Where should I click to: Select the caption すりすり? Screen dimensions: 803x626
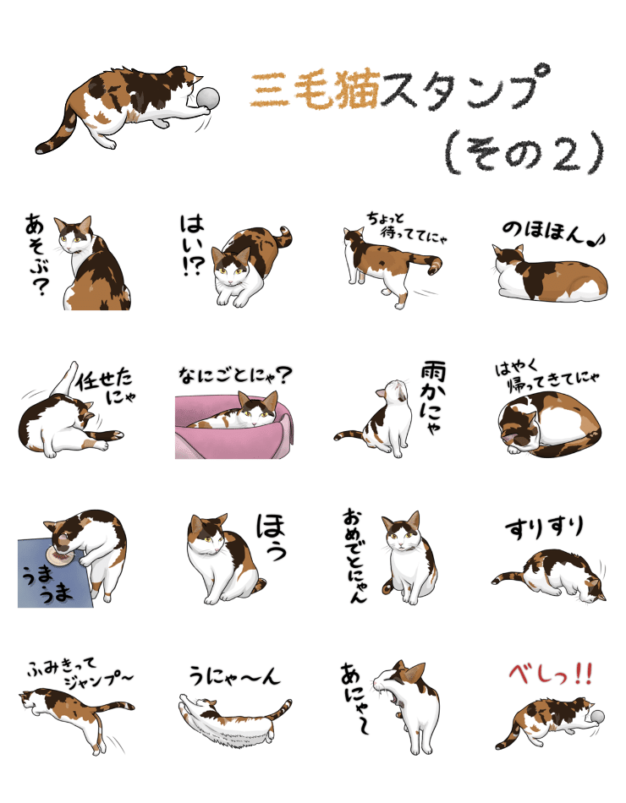click(545, 528)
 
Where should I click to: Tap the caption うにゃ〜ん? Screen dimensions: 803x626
click(233, 676)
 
